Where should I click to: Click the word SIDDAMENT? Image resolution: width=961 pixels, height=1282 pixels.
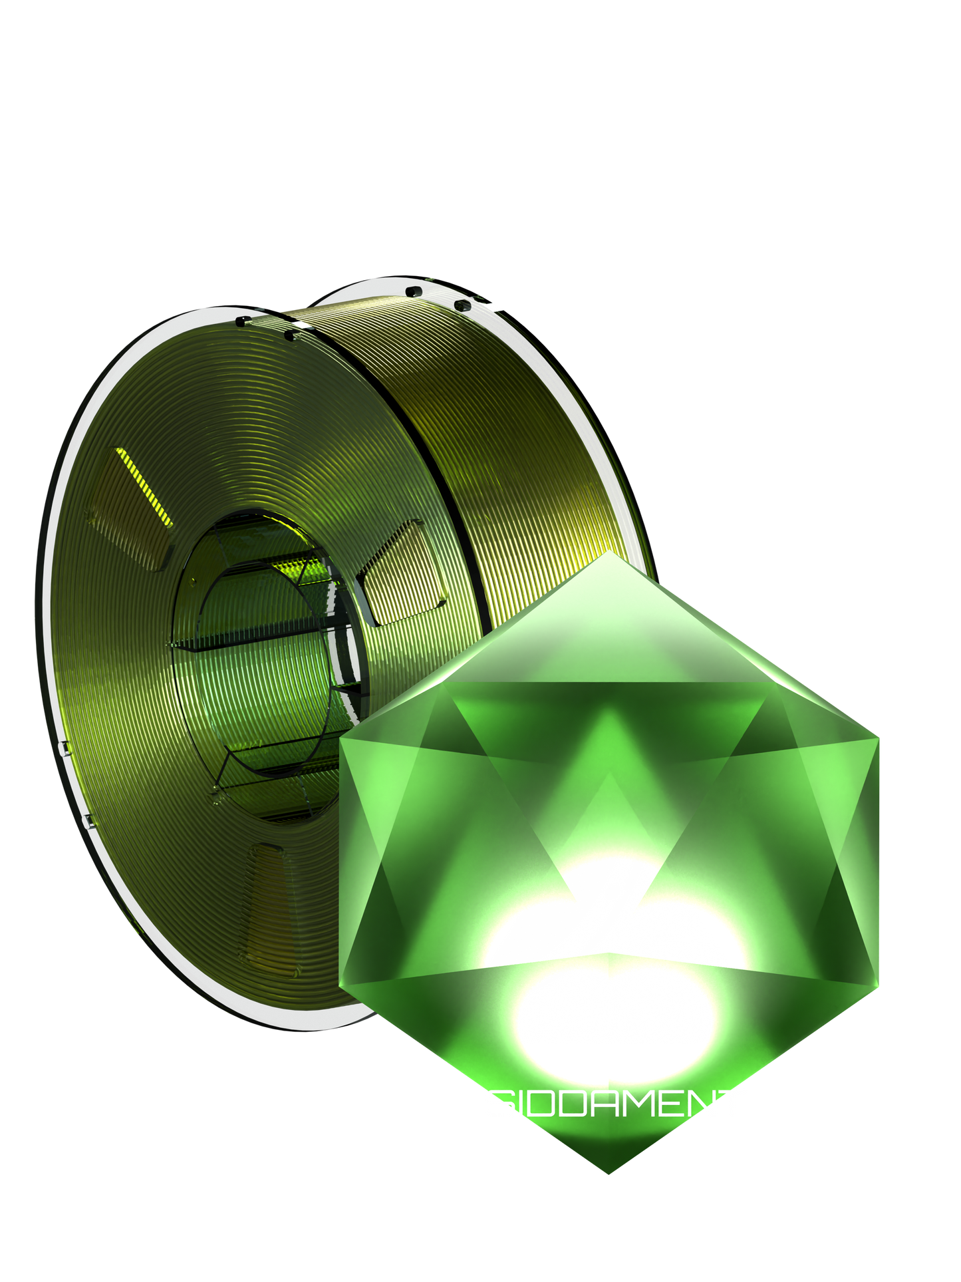(615, 1104)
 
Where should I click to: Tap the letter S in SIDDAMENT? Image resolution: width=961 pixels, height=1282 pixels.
(497, 1104)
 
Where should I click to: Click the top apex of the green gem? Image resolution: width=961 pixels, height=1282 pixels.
(608, 553)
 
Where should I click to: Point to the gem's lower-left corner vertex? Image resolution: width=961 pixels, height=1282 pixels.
(341, 985)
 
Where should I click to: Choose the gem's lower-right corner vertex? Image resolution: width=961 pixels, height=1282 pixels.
(880, 986)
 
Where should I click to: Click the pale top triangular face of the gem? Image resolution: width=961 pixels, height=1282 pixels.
(609, 632)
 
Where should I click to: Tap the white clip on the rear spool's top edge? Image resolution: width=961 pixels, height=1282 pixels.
(493, 306)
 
